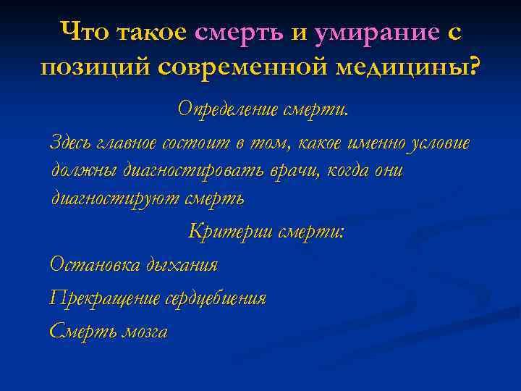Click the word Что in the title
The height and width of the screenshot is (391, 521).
point(85,32)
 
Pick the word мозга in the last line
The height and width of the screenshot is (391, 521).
point(145,332)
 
